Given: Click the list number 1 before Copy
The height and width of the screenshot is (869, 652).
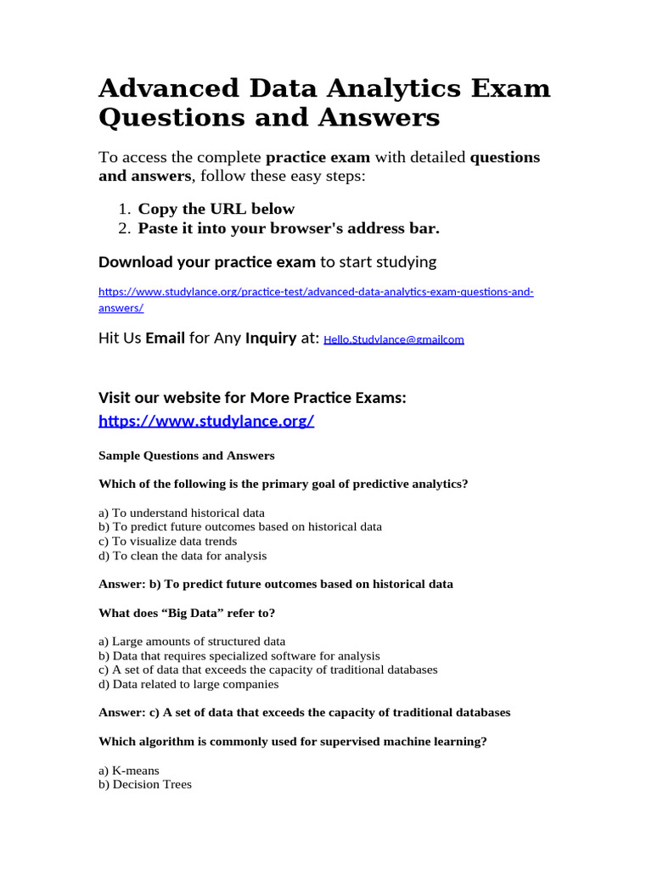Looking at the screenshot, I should point(124,209).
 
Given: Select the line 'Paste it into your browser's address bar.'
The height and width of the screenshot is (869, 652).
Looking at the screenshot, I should point(289,228).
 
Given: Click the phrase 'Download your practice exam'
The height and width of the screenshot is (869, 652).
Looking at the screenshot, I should point(207,261).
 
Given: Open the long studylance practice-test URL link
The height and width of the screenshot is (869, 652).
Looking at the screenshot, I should point(316,292).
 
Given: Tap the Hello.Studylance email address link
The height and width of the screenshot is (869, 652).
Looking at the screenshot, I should point(394,339).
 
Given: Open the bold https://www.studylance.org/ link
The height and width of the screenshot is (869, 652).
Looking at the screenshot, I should point(206,421).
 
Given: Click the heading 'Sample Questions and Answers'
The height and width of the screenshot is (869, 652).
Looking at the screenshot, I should point(187,456).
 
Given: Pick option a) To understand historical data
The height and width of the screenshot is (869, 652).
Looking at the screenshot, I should point(182,513).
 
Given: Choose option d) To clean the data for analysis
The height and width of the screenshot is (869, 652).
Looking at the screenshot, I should point(183,556).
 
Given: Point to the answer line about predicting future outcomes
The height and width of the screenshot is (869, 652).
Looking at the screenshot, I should point(276,584).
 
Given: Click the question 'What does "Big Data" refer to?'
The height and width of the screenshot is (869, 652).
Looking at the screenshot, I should point(187,613).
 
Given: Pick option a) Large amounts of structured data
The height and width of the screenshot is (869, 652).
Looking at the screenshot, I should point(192,642).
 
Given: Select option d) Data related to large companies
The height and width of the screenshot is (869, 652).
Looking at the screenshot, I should point(188,684).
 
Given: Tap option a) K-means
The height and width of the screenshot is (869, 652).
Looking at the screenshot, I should point(129,771).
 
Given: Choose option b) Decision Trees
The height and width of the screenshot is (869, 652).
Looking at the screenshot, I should point(145,784).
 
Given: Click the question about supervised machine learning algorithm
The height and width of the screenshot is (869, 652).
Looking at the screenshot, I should point(293,741).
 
